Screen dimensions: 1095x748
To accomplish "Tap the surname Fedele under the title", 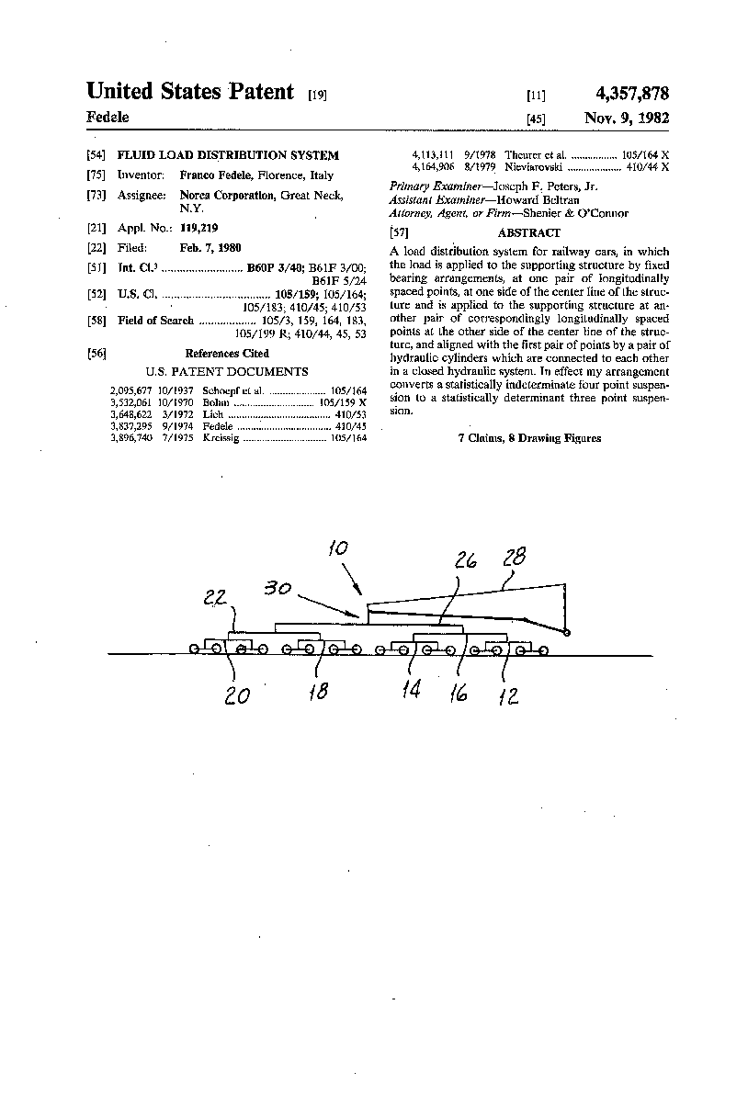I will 108,117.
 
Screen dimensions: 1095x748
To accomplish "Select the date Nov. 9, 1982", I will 627,118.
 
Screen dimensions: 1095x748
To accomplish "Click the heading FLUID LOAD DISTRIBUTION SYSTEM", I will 228,155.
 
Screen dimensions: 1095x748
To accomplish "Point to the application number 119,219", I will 198,227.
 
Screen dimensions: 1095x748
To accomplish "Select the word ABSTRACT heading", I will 528,233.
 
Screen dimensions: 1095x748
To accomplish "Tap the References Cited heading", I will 227,353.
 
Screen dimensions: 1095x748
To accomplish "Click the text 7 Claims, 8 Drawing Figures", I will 529,438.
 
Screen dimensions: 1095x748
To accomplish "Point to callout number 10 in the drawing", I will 338,549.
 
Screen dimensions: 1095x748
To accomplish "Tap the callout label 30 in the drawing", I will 278,589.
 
